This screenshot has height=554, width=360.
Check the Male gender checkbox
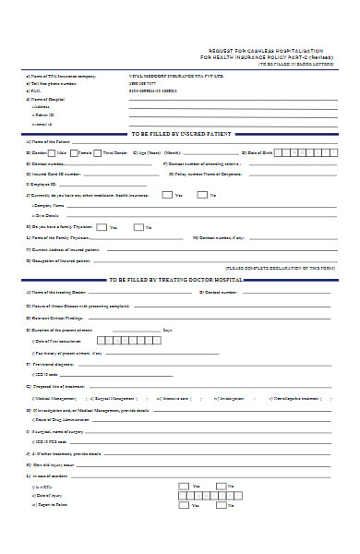[x=53, y=151]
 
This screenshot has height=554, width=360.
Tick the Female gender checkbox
[x=75, y=151]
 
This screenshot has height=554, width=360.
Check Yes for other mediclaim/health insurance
[x=166, y=195]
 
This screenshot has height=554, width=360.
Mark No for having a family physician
[x=139, y=227]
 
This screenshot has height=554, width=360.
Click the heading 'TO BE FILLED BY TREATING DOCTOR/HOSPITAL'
[x=175, y=279]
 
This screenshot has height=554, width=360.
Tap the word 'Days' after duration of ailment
[x=167, y=329]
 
